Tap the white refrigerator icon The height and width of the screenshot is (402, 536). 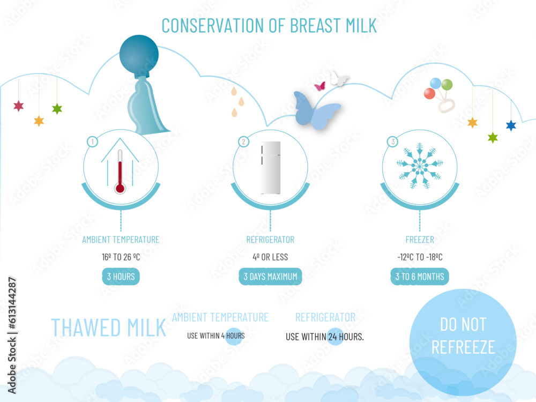270,167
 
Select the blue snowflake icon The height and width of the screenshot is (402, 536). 420,166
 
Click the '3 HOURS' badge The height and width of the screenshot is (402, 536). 121,277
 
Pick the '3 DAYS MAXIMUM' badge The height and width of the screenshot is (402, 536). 270,277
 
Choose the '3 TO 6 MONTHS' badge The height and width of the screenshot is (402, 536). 420,277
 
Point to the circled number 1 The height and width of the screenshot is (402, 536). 92,142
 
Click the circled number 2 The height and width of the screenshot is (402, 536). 243,142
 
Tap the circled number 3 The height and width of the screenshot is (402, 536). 393,142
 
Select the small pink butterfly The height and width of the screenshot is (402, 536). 320,86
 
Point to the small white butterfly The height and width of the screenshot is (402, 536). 339,79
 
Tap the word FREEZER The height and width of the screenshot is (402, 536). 420,240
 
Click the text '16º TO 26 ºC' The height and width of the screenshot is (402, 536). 121,257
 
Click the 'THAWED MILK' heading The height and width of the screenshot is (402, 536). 108,327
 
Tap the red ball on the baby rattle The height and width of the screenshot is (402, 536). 429,94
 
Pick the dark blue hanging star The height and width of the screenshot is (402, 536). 511,125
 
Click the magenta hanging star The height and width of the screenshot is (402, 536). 19,106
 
